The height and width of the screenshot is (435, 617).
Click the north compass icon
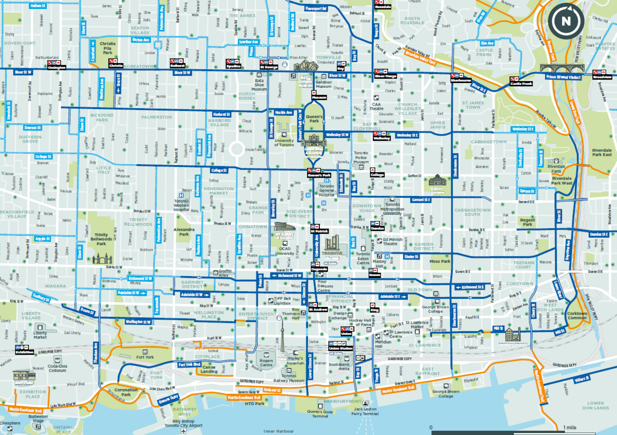[x=566, y=20]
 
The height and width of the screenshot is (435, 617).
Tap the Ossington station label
[x=57, y=68]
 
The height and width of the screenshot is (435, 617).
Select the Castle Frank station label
[x=521, y=84]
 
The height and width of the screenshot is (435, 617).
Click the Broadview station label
[x=602, y=77]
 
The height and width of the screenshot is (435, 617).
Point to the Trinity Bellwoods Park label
[x=101, y=239]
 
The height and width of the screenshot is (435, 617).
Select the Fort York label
[x=145, y=357]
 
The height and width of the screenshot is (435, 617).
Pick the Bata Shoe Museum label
[x=259, y=86]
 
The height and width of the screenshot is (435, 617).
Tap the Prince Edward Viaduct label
[x=564, y=77]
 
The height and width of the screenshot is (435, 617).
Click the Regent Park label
[x=528, y=222]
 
